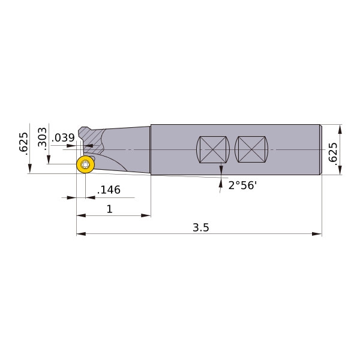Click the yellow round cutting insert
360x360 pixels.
[85, 164]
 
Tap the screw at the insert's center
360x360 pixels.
[85, 164]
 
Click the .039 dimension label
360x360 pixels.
[63, 138]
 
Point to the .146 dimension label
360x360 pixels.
[109, 190]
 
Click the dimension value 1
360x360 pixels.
[110, 209]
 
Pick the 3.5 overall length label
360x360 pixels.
[201, 227]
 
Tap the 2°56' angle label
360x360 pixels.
[242, 185]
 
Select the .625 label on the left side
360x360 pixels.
[23, 143]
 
